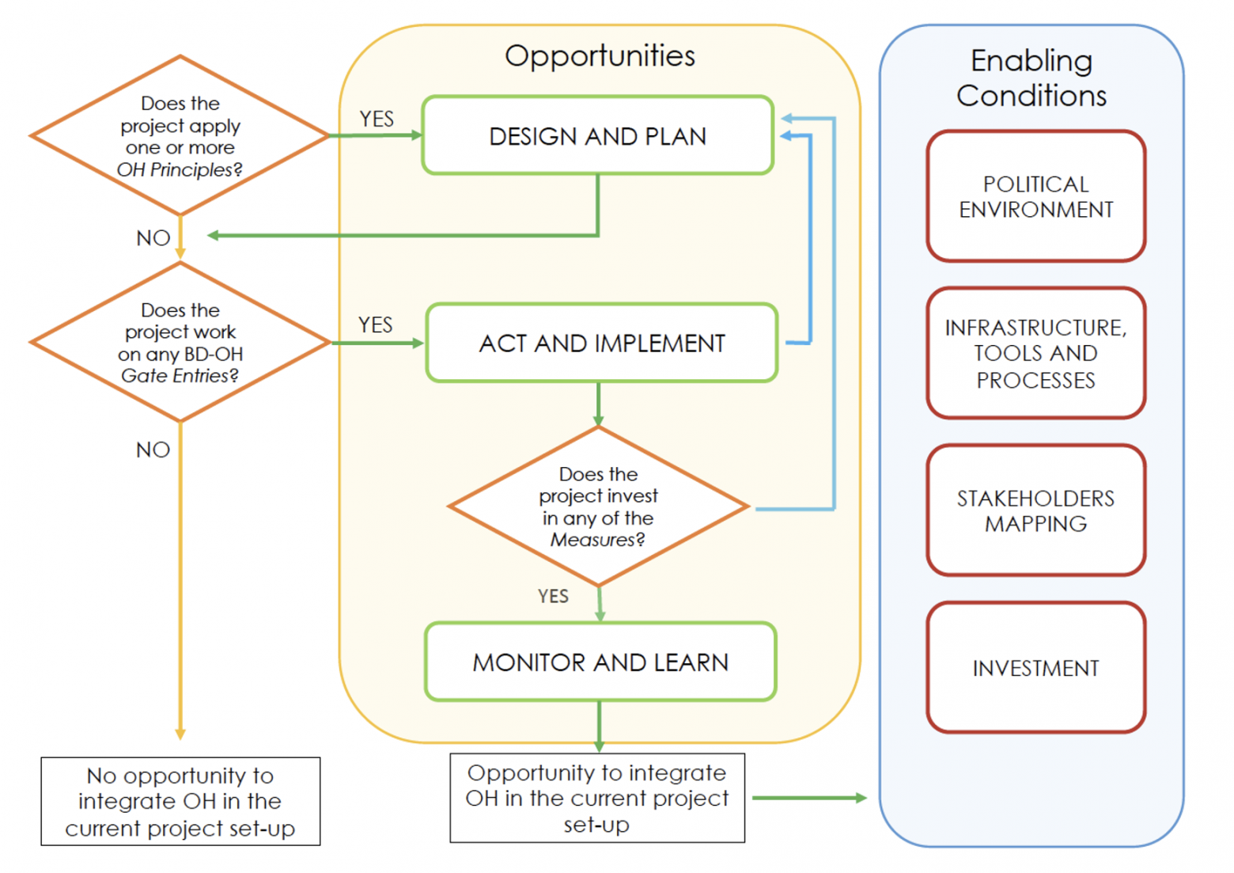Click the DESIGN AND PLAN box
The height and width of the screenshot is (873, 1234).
tap(597, 135)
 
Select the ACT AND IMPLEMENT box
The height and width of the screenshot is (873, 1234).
tap(601, 343)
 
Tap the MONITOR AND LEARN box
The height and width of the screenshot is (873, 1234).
tap(600, 662)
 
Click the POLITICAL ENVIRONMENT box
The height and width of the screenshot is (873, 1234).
tap(1035, 196)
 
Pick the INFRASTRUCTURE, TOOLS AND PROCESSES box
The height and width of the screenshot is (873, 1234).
tap(1035, 353)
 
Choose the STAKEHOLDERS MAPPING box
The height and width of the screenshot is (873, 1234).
tap(1035, 511)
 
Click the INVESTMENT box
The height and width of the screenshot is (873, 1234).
tap(1035, 668)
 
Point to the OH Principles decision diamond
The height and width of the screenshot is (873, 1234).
tap(180, 135)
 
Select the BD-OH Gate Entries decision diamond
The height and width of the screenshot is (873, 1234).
tap(180, 342)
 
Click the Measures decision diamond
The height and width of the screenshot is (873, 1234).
tap(598, 507)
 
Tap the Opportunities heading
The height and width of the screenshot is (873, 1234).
tap(600, 55)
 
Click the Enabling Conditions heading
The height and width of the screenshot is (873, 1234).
tap(1031, 78)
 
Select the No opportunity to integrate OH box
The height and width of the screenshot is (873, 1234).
tap(180, 801)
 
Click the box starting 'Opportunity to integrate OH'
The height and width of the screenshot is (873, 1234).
tap(597, 798)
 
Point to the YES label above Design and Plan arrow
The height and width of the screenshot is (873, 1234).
tap(376, 119)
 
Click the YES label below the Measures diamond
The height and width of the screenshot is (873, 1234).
tap(553, 596)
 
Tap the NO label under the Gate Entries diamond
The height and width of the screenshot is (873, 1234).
tap(153, 450)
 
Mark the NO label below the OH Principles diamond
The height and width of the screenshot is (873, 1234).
tap(153, 237)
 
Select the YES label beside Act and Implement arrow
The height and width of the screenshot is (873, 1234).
tap(375, 325)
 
